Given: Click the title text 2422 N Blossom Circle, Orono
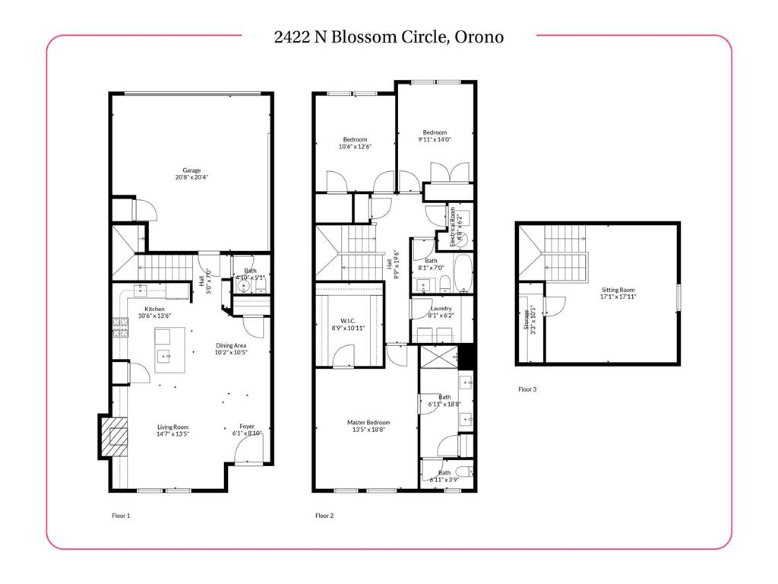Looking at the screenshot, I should (388, 36).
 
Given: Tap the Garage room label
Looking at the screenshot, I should (191, 170).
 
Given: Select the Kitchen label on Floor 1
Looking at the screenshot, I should (155, 309).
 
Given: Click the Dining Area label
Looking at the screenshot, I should (230, 345).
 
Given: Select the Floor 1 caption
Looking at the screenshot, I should (121, 516).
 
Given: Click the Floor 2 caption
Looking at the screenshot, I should (324, 516).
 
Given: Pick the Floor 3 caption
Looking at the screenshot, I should (527, 389).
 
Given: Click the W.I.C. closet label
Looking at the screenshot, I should (349, 320).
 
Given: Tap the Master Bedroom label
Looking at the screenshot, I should (368, 423).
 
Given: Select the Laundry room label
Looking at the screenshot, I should (441, 308).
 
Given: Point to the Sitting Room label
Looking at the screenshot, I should (617, 290).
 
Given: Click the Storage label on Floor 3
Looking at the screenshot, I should (523, 321).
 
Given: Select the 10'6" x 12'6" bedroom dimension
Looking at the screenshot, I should (355, 147).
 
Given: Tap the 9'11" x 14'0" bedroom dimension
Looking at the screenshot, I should (435, 139).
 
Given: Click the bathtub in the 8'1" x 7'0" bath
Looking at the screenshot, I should (463, 275).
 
